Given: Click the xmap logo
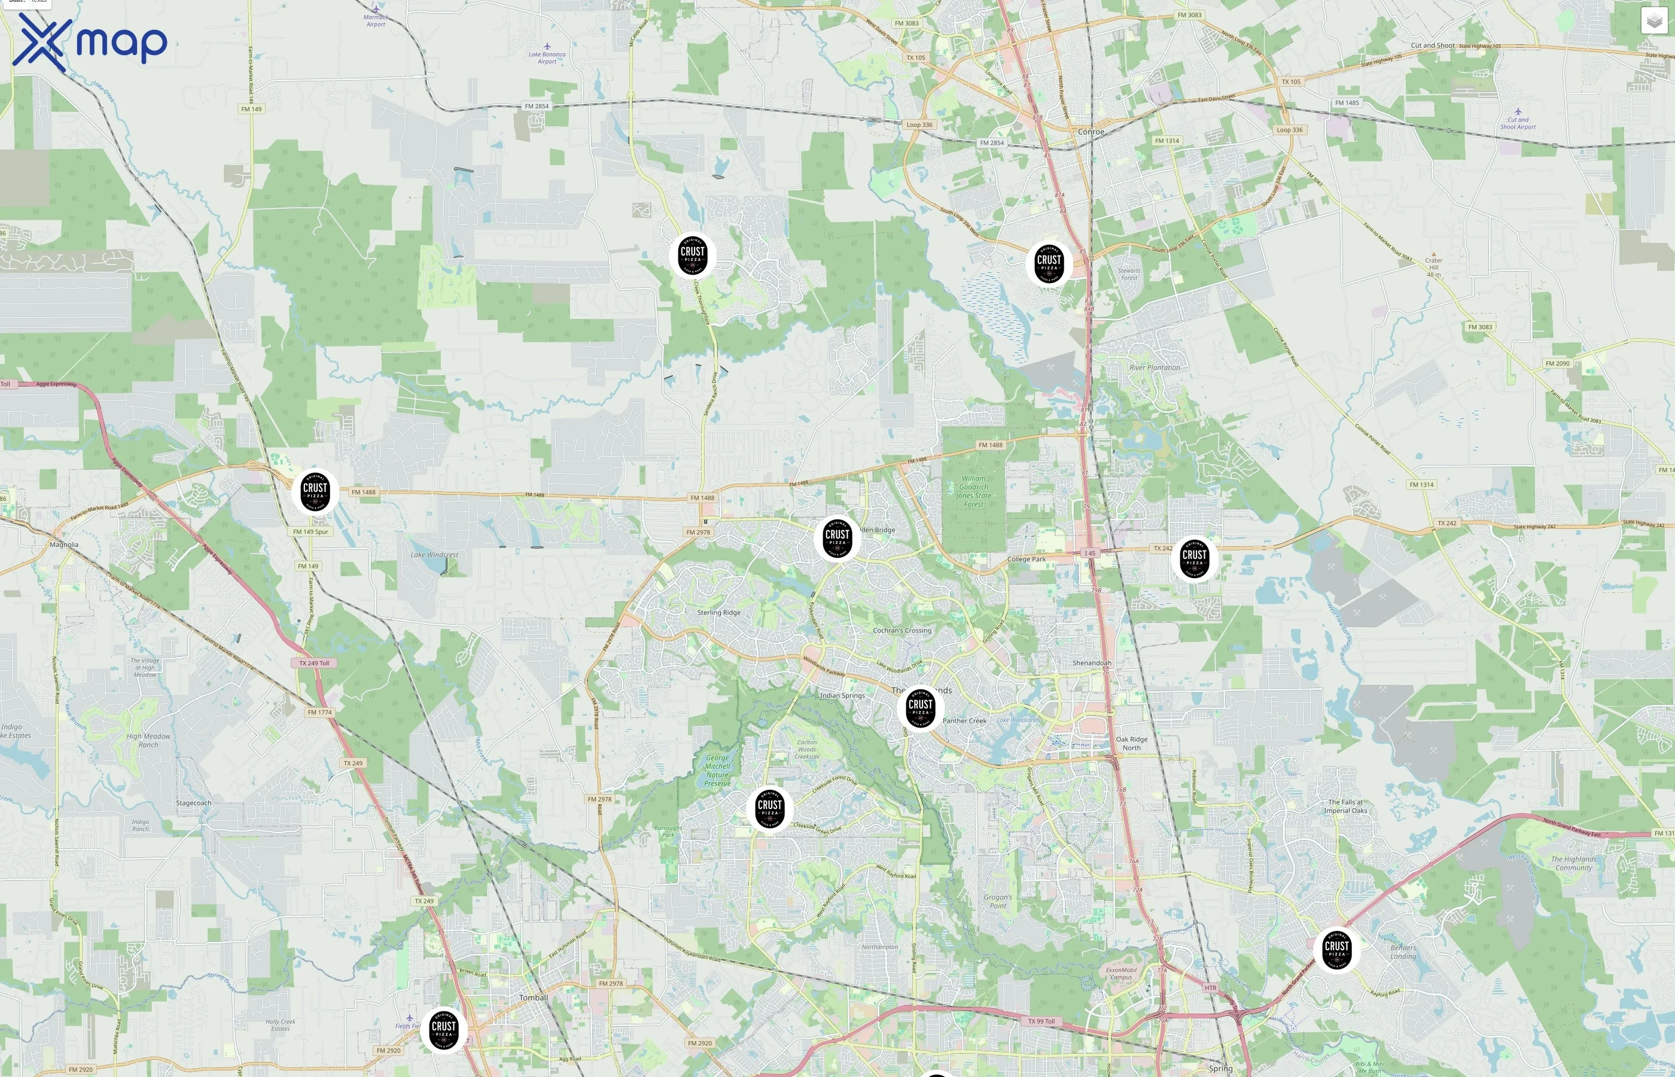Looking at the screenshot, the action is (90, 42).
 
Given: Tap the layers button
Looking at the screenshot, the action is (1653, 21).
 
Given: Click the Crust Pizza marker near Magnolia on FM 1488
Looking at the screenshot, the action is (315, 491).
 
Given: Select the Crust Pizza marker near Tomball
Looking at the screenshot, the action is (443, 1030).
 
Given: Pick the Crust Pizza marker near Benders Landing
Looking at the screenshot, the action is (1336, 949).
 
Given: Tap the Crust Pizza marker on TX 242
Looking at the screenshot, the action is (1194, 558).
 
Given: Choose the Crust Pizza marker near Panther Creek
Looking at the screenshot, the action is (920, 708).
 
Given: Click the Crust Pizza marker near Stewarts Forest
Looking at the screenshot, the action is (1049, 263).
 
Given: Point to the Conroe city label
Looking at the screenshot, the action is (1091, 132).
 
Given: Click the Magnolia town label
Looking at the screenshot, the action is (65, 544).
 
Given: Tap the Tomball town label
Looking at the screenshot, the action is (534, 997).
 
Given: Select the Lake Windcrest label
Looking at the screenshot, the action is (434, 555).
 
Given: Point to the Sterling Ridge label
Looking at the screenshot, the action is (718, 613).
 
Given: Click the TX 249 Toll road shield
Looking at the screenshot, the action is (314, 663).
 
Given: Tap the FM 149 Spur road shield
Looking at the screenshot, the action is (310, 531).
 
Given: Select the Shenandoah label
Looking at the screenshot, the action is (1091, 663).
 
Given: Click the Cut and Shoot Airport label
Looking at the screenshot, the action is (1518, 123).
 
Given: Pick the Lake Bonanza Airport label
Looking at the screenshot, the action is (547, 57).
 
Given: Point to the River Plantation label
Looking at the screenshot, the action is (1154, 368).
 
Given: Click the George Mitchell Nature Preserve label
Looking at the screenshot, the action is (717, 770).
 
